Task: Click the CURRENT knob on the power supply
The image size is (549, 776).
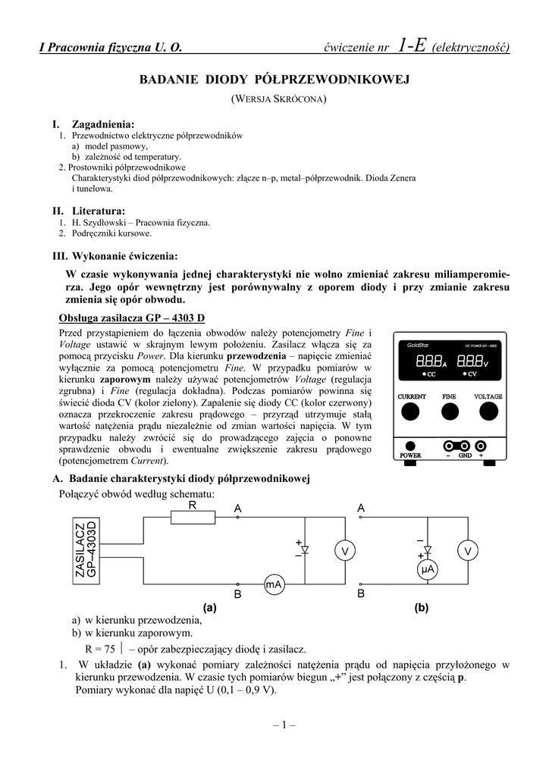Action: [410, 411]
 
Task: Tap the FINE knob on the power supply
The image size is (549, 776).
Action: [450, 411]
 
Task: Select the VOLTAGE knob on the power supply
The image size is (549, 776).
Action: [488, 411]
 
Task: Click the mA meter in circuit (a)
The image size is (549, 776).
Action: [273, 584]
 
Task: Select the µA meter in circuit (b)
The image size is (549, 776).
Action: [427, 568]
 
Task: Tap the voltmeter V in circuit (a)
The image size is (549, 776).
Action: [344, 551]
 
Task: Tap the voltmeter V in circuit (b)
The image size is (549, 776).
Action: [468, 551]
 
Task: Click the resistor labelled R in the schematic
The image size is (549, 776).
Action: [192, 518]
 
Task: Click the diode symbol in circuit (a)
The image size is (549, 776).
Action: [305, 551]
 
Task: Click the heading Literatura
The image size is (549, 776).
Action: [98, 210]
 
